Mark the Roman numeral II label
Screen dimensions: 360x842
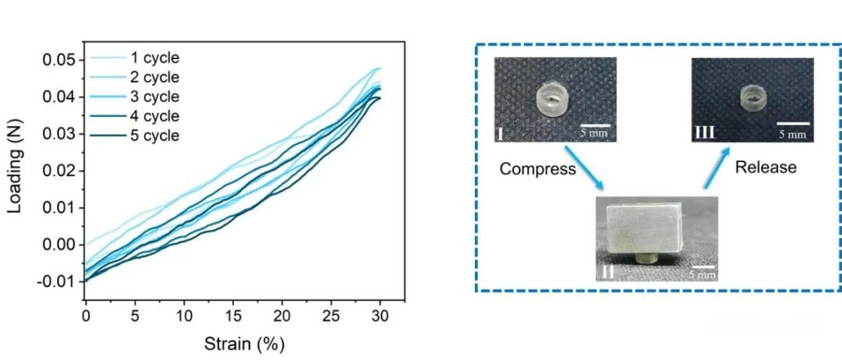pos(608,272)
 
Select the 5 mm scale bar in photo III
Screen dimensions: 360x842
pos(792,122)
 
